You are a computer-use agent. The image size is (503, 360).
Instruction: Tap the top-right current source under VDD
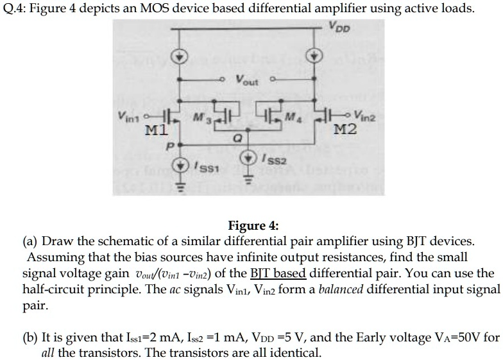[315, 55]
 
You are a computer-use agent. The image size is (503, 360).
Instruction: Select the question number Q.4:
[17, 8]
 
